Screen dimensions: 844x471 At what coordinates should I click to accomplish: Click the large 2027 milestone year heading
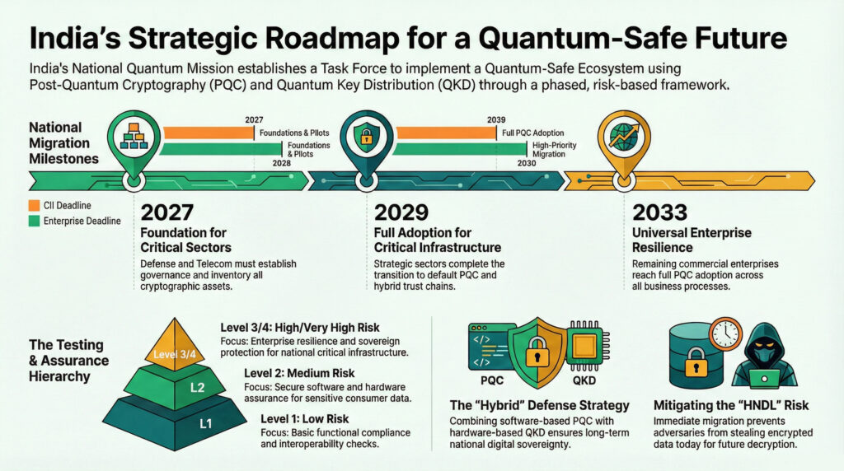point(166,213)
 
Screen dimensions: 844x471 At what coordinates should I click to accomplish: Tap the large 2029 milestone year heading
point(401,213)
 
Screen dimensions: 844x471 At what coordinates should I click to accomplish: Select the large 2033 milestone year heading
point(659,213)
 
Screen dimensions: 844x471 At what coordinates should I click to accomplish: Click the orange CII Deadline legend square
point(34,205)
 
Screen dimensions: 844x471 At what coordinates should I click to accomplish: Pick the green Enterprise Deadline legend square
point(34,221)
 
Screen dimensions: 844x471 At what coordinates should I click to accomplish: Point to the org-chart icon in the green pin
point(134,136)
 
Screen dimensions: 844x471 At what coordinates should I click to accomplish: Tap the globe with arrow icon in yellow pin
point(624,136)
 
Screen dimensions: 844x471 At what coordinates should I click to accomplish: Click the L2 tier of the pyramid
point(175,385)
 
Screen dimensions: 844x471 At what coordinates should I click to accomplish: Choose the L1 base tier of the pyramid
point(175,422)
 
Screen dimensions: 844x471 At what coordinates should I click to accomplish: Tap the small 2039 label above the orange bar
point(495,120)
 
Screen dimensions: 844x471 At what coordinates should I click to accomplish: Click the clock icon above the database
point(725,333)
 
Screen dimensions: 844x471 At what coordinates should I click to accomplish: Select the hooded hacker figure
point(764,356)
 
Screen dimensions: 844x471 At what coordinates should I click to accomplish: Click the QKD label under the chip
point(584,380)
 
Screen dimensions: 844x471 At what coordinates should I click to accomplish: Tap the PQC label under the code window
point(492,380)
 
